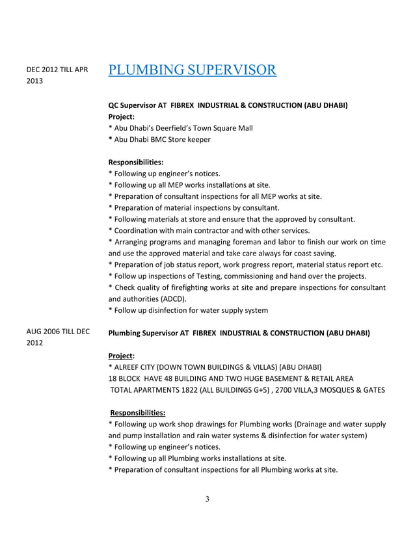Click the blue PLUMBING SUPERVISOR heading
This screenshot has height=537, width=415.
[x=192, y=69]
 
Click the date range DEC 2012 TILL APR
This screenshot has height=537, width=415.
[x=57, y=70]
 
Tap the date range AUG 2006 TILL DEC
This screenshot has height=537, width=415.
[x=57, y=332]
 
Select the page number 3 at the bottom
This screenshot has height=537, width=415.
[x=207, y=499]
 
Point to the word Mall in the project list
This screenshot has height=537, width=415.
[x=245, y=128]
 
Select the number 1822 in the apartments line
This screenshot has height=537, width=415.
[x=202, y=390]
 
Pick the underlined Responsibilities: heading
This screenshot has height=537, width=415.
[x=137, y=412]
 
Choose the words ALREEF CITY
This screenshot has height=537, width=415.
[x=133, y=367]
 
